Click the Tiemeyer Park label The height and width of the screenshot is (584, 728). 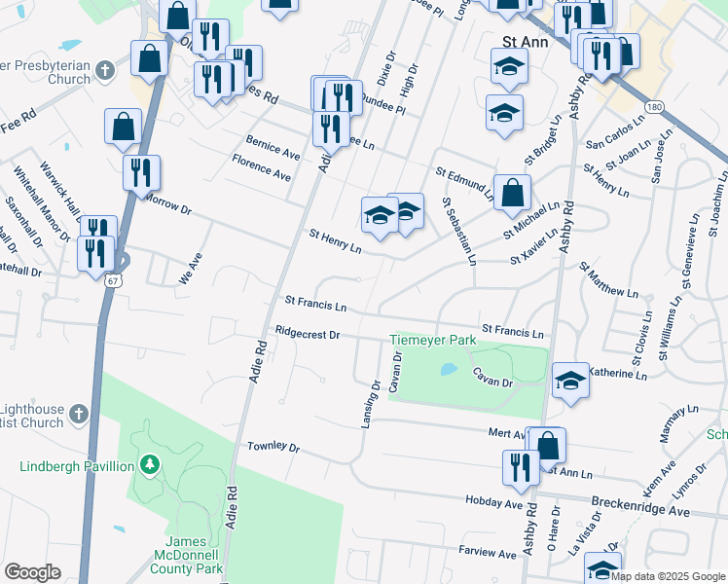click(433, 340)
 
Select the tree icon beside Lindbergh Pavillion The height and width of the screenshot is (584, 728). click(149, 465)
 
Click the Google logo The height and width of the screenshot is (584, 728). click(32, 572)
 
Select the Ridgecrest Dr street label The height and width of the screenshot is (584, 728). click(307, 334)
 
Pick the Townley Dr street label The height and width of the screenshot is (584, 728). click(273, 446)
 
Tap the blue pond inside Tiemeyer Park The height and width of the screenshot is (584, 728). click(448, 370)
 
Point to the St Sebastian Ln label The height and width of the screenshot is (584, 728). click(458, 232)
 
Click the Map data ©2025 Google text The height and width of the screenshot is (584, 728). click(668, 576)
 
